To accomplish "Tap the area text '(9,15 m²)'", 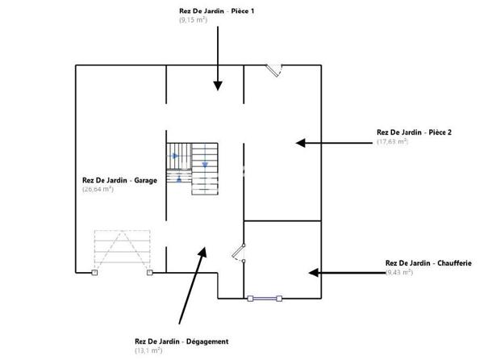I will point(194,19).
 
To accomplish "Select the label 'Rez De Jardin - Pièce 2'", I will point(414,133).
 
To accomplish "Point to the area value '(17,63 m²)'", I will point(392,141).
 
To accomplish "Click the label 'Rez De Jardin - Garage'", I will point(119,181).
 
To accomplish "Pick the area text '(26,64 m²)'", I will point(98,189).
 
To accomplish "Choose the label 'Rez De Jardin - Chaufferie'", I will point(428,263).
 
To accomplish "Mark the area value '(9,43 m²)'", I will point(399,272).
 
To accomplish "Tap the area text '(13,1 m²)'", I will point(148,350).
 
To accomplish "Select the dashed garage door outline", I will point(122,250).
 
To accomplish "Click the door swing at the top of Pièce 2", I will point(276,70).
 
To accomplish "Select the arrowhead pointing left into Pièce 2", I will point(301,143).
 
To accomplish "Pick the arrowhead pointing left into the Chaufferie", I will point(311,273).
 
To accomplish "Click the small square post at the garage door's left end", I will point(94,274).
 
